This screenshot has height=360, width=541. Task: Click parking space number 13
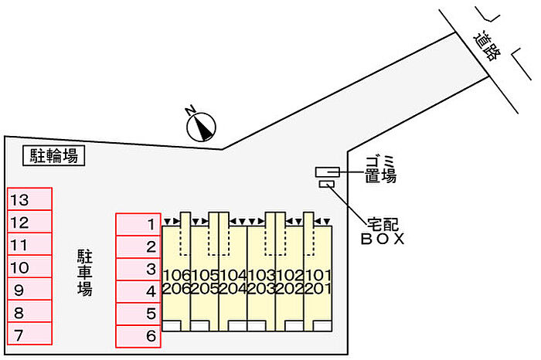pos(29,199)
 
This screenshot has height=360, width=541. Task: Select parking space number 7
pos(29,335)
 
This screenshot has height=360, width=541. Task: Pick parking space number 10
pos(29,267)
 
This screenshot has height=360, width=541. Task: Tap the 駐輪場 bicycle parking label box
pos(53,156)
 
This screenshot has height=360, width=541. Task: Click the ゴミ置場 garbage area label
pos(380,168)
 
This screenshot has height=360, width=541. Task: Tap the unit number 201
pos(318,289)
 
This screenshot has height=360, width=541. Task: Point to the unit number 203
pos(261,289)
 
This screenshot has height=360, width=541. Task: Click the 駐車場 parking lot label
pos(84,272)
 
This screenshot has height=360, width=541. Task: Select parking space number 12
pos(29,222)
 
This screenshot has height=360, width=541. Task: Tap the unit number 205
pos(205,289)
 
